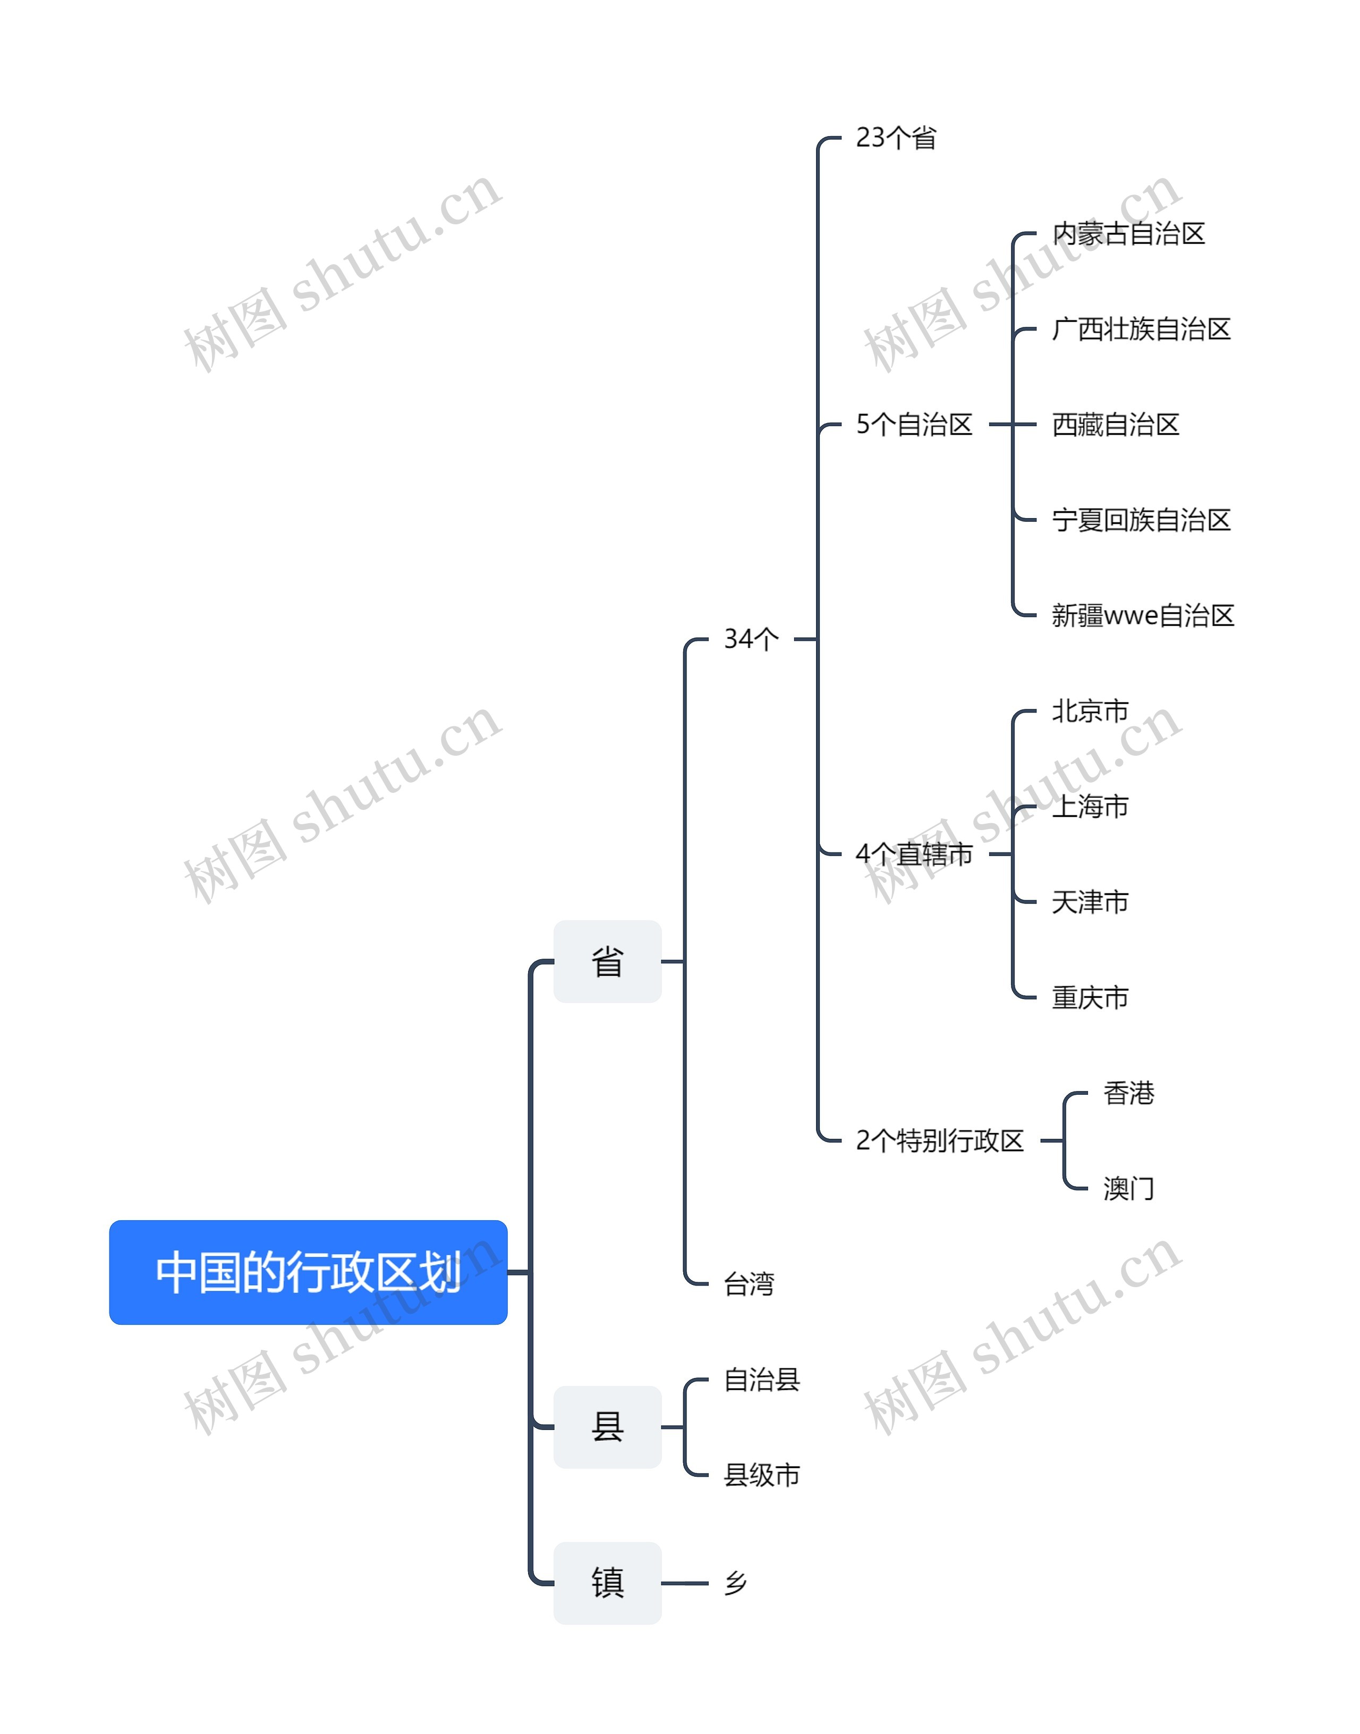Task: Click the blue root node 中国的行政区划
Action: click(x=308, y=1272)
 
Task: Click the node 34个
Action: click(x=751, y=639)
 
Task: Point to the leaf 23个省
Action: click(x=896, y=138)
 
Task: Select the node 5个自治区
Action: click(x=914, y=425)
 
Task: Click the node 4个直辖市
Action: click(x=914, y=855)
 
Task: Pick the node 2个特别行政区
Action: click(x=940, y=1140)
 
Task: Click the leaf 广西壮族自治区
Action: click(x=1141, y=329)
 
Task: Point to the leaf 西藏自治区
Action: click(x=1116, y=425)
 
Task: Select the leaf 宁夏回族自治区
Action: click(x=1141, y=520)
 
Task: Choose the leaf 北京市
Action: click(x=1090, y=711)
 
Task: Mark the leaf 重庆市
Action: click(x=1090, y=997)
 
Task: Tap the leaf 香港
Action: click(x=1128, y=1093)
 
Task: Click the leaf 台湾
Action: click(x=749, y=1284)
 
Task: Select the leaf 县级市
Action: click(x=761, y=1475)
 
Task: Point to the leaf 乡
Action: click(x=735, y=1583)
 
